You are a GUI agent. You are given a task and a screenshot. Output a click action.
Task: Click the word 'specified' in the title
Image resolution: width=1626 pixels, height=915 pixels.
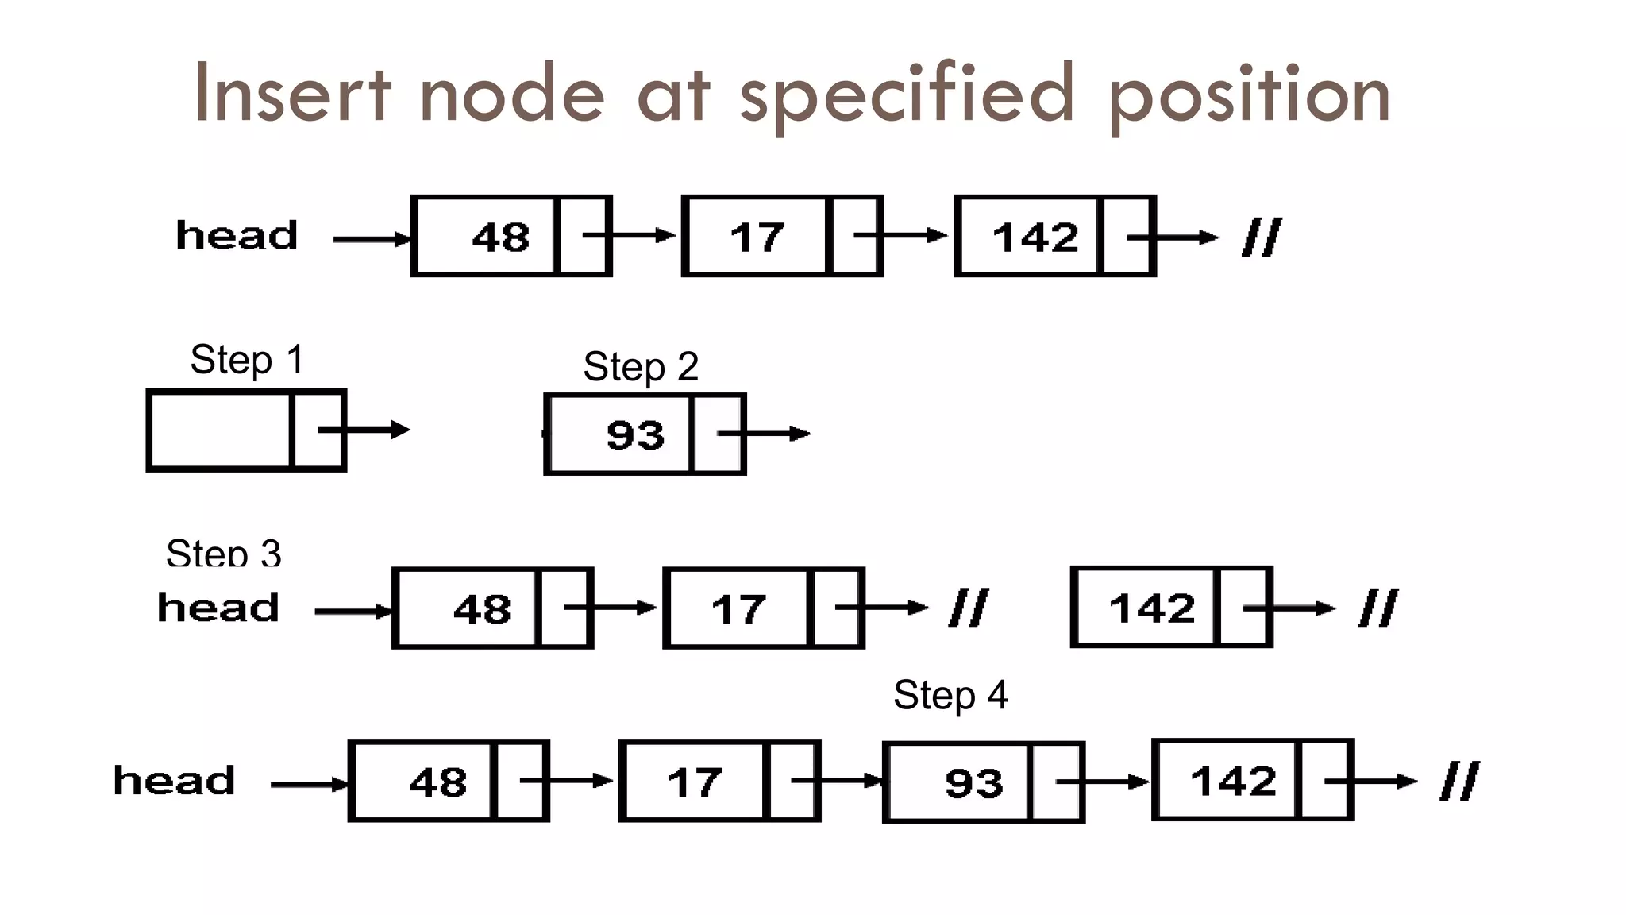(907, 95)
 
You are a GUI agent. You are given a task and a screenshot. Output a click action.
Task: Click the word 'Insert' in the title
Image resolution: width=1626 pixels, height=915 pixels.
(292, 95)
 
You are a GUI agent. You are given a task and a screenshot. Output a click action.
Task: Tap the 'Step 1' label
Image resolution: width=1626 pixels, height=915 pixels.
(247, 360)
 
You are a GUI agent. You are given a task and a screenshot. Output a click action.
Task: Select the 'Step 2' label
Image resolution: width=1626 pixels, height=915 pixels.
(641, 367)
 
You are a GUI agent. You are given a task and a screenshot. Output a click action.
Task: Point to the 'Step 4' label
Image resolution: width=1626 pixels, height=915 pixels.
(950, 696)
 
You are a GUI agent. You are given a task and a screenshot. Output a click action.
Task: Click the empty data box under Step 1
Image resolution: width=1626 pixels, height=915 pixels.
(220, 430)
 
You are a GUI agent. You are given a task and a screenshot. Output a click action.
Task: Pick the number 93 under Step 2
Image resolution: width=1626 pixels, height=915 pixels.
(635, 435)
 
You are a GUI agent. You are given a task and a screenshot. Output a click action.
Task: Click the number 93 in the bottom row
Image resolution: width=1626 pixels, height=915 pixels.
(974, 784)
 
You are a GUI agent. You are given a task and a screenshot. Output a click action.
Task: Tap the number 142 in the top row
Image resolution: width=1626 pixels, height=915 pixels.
(1035, 237)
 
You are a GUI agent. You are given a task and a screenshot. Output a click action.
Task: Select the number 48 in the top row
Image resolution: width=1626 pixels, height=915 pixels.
(500, 237)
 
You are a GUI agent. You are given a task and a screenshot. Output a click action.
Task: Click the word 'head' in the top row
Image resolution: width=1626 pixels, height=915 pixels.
(237, 236)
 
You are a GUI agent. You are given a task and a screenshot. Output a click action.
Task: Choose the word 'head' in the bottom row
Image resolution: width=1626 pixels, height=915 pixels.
(175, 781)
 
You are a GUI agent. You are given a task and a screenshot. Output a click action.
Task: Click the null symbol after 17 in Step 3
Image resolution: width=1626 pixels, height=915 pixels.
(969, 608)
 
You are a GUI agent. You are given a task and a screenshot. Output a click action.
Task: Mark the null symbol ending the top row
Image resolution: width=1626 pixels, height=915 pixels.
(1262, 237)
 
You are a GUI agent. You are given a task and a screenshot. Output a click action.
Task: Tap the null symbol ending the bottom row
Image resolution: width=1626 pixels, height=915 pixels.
(1459, 782)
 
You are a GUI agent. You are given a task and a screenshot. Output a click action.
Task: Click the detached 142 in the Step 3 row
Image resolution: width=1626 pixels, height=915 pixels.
(1151, 609)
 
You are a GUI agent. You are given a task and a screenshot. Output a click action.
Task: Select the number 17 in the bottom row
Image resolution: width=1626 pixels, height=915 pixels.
(695, 783)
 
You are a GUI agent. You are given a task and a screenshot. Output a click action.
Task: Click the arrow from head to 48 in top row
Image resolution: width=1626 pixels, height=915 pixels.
(372, 239)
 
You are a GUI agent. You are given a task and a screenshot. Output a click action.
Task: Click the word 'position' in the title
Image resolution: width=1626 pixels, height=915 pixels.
(1248, 95)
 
